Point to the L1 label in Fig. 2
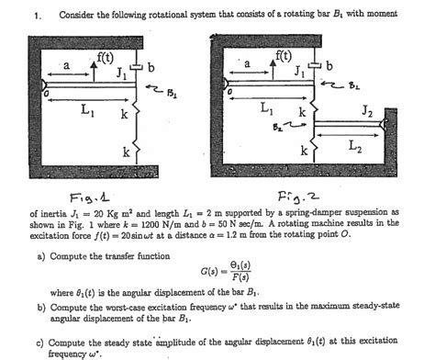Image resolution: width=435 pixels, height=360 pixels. (x=266, y=108)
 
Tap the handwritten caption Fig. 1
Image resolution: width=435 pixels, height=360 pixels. (x=84, y=196)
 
